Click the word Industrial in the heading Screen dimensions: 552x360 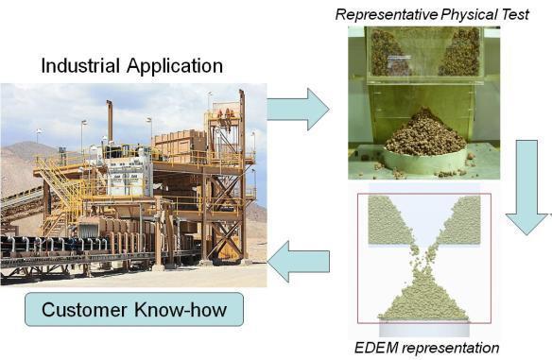coord(80,65)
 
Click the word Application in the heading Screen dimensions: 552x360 coord(175,67)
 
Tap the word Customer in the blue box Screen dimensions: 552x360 coord(84,310)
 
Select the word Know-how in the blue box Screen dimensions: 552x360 coord(181,310)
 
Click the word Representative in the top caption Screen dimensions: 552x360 coord(387,15)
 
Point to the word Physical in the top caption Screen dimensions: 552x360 coord(464,15)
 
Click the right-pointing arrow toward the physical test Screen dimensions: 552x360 coord(298,110)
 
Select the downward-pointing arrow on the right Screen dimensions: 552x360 coord(527,186)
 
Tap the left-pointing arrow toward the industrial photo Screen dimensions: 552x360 coord(298,262)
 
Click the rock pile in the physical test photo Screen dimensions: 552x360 coord(425,132)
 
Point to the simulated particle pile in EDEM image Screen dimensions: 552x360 coord(423,300)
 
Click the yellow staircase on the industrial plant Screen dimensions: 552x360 coord(58,183)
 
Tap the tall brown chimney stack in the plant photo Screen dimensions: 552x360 coord(110,121)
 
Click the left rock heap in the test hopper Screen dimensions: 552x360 coord(388,53)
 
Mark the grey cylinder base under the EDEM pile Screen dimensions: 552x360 coord(424,328)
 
